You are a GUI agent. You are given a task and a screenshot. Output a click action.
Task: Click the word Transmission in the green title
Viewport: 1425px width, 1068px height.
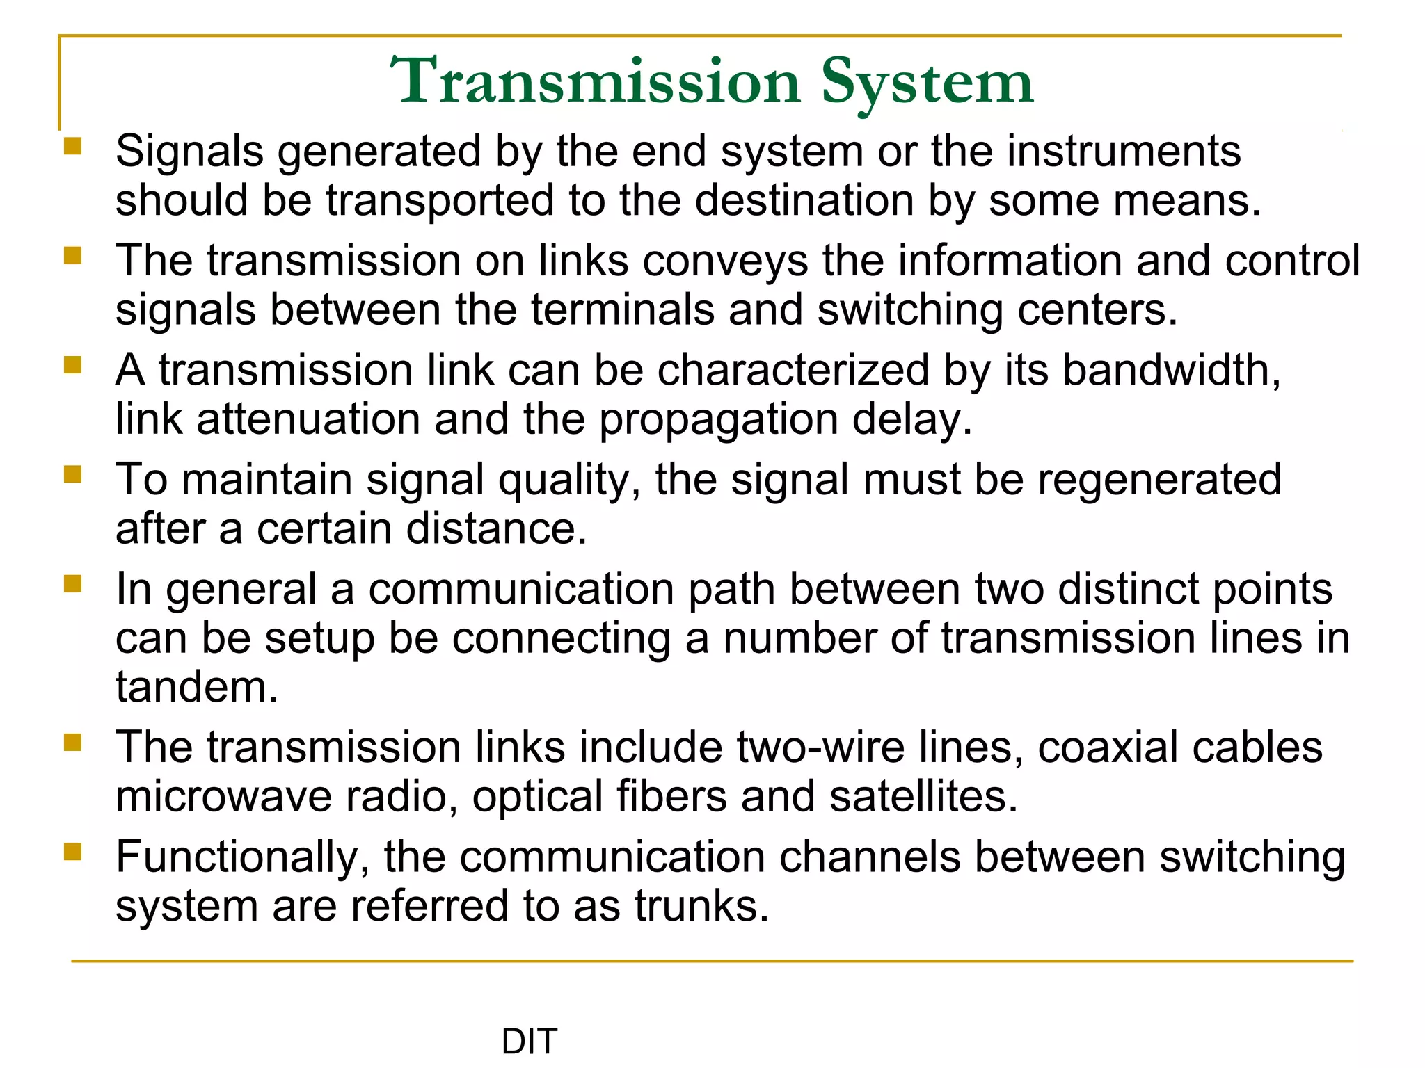coord(595,82)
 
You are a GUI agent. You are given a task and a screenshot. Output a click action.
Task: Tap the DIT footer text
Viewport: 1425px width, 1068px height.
coord(530,1042)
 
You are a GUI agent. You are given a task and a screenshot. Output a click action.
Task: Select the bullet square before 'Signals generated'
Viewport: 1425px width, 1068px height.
coord(73,147)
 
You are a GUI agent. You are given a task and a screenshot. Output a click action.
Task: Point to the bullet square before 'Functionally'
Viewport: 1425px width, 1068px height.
coord(73,852)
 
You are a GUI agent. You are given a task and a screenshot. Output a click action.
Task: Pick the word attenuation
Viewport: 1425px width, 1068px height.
coord(308,419)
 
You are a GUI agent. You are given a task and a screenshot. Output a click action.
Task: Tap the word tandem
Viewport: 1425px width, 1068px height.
coord(197,687)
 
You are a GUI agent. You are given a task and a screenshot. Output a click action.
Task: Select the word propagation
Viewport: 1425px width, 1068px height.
coord(719,421)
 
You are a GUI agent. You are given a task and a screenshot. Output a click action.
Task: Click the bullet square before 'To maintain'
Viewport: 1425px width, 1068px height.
coord(73,475)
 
